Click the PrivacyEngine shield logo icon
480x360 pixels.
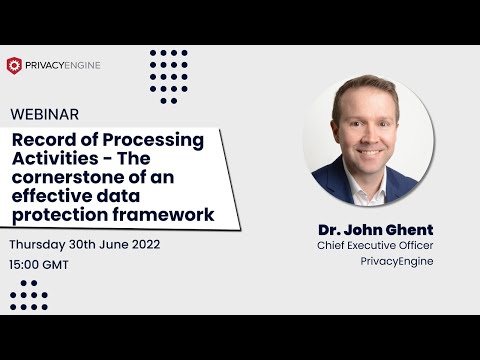pos(14,65)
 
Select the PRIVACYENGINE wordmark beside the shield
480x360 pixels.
pos(63,65)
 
